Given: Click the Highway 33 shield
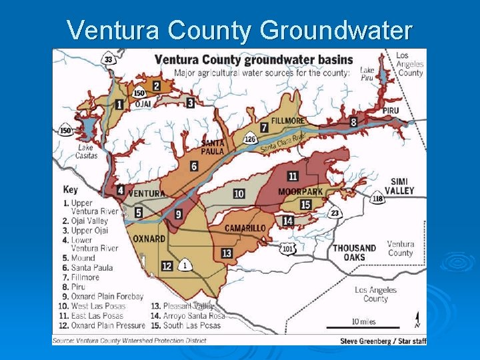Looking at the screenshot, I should pos(109,59).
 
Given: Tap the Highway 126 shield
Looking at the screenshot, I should pos(250,139).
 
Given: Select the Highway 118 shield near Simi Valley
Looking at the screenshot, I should pos(378,198).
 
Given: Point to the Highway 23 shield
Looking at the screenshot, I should pos(335,213).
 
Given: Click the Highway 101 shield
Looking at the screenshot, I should pos(287,249).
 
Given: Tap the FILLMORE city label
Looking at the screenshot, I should pos(288,121).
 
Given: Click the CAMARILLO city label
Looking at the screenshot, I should pos(245,228).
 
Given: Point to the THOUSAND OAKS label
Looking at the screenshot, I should pos(355,252).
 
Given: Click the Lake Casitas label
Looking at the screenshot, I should pos(87,151).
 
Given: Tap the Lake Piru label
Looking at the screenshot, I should pos(367,74).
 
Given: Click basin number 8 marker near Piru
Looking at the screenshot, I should pos(353,122).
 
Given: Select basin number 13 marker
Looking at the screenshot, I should pos(227,253).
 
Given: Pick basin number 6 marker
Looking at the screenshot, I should pos(194,166).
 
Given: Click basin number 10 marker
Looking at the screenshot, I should pos(239,194).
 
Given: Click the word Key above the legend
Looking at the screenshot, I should pos(71,189).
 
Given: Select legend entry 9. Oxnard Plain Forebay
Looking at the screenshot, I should pos(103,296).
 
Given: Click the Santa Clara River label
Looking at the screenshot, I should pos(282,142).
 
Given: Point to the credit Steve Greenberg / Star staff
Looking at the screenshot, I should pos(382,341).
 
